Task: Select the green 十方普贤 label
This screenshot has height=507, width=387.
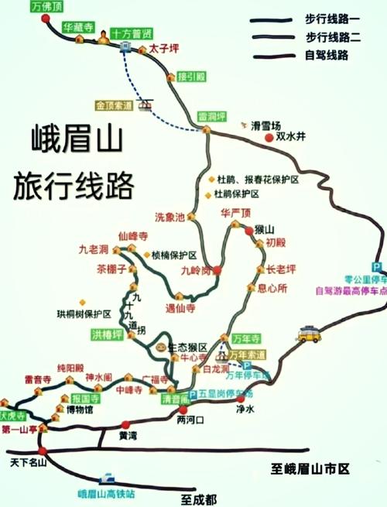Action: [x=131, y=34]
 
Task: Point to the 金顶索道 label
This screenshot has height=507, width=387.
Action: [x=115, y=104]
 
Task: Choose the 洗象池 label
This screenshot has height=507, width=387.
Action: [x=170, y=218]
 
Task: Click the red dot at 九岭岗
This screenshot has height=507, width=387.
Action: [x=217, y=270]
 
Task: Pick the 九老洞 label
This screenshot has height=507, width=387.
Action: [x=94, y=249]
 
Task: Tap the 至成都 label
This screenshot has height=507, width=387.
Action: [x=200, y=498]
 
